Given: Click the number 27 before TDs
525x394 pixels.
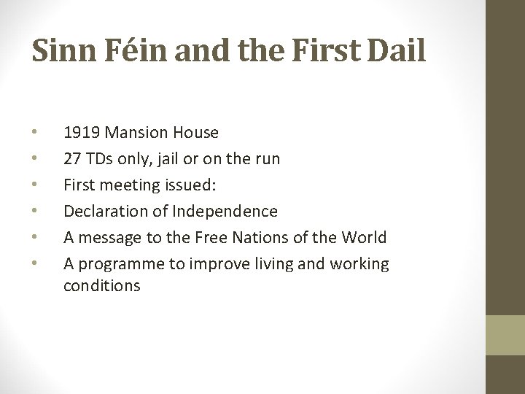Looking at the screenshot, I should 72,159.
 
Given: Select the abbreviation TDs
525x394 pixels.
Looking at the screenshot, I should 100,159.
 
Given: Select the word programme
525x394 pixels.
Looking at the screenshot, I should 119,264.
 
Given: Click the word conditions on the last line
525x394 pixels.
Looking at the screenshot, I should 102,286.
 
